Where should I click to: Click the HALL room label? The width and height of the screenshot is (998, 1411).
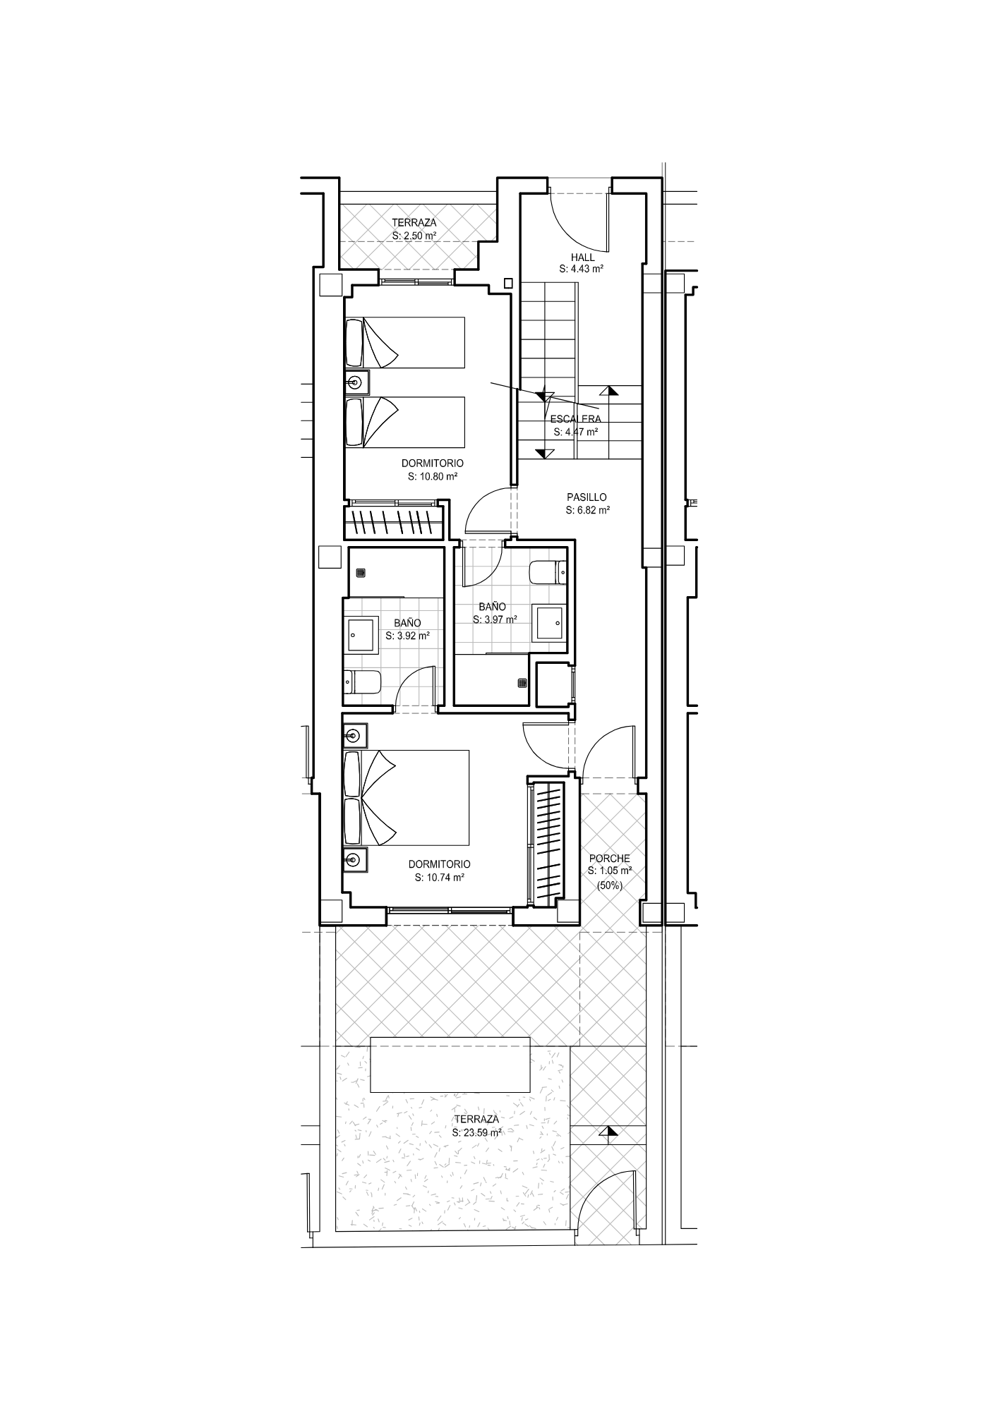(583, 257)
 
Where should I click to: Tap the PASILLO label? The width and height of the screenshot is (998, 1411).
(587, 497)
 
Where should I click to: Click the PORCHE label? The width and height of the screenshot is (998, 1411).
(610, 859)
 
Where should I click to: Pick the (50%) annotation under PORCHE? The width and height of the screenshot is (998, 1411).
(610, 885)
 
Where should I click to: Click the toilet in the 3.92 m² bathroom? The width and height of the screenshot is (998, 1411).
(362, 682)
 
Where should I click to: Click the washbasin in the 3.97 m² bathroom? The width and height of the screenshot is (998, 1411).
(551, 622)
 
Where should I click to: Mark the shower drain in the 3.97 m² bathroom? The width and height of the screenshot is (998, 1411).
(522, 682)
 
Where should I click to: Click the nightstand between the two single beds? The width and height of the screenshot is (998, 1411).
(356, 382)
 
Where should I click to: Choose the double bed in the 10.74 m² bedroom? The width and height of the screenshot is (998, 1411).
(407, 797)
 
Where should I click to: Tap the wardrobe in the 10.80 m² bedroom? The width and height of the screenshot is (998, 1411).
(394, 521)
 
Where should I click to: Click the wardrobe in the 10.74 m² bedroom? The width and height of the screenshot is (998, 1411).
(548, 843)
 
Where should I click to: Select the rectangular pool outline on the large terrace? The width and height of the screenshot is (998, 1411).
(451, 1065)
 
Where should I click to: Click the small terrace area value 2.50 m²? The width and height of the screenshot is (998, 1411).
(414, 236)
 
